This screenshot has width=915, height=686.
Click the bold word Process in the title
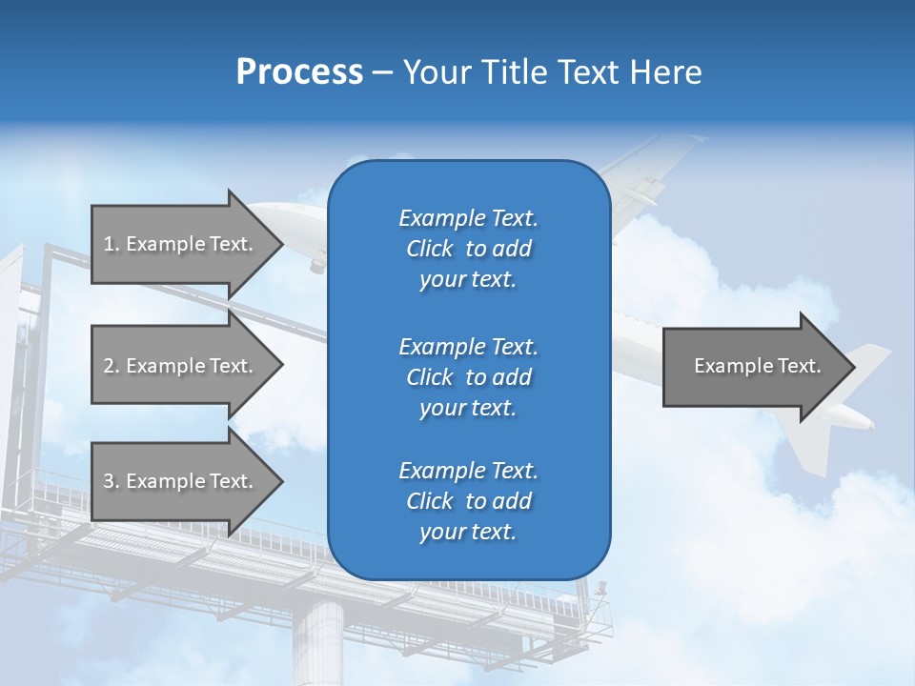[299, 72]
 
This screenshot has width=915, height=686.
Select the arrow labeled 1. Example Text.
[181, 244]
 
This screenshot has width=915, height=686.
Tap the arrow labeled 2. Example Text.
[181, 366]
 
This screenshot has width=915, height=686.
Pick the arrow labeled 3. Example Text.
[181, 481]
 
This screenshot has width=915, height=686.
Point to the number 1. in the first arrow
[112, 244]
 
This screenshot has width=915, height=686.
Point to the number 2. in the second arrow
[112, 366]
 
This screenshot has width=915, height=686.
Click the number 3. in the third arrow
[112, 481]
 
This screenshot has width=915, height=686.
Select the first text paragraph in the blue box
[468, 249]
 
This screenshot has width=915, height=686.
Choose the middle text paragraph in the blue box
[468, 376]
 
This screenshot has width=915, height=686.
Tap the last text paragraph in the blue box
[468, 501]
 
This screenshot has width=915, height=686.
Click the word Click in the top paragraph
[430, 249]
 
